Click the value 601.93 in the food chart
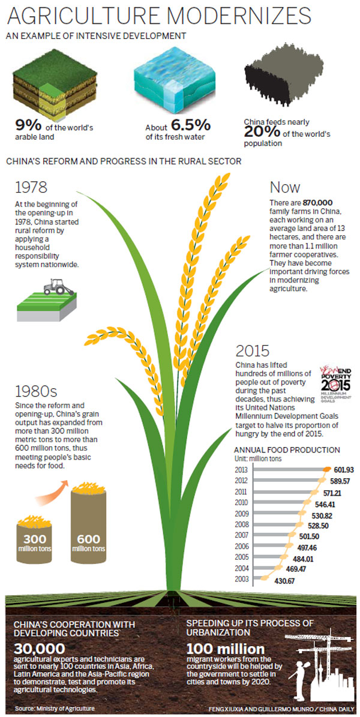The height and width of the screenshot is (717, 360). click(x=343, y=469)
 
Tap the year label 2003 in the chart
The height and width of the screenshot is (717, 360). click(x=241, y=579)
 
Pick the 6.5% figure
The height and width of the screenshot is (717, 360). click(x=190, y=126)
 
